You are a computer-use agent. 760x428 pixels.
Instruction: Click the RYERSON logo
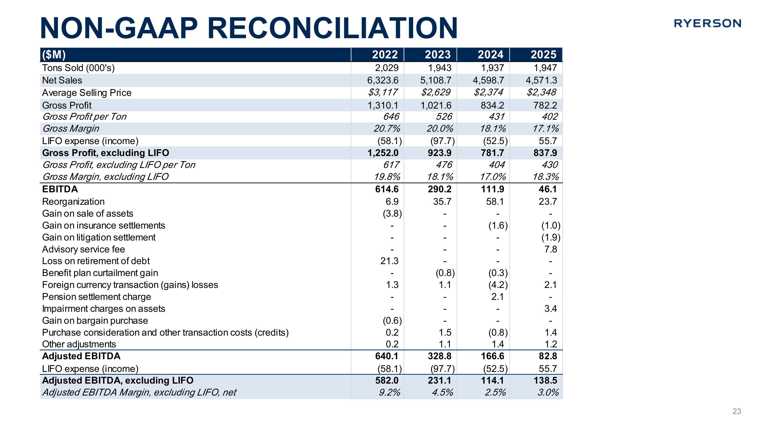point(707,23)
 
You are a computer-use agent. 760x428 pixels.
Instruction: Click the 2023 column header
point(438,55)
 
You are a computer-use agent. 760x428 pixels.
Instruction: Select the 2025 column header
point(543,55)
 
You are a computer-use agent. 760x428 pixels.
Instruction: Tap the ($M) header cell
point(54,55)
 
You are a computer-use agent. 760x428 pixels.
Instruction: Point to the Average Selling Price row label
point(87,93)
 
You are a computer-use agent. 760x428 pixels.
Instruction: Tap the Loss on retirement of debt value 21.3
point(389,261)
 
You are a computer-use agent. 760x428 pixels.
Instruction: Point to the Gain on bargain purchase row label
point(95,320)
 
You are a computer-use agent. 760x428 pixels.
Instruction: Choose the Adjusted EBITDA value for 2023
point(440,356)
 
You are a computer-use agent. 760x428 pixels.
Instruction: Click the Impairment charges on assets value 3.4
point(550,309)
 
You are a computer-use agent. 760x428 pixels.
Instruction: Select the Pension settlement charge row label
point(97,297)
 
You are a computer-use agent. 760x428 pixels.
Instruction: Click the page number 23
point(737,411)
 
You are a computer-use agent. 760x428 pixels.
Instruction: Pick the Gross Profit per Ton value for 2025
point(549,117)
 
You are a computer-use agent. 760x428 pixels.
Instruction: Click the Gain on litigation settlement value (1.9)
point(550,237)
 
